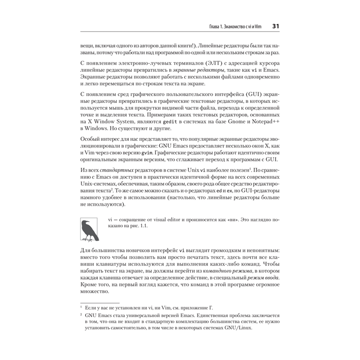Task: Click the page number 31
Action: pyautogui.click(x=276, y=26)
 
